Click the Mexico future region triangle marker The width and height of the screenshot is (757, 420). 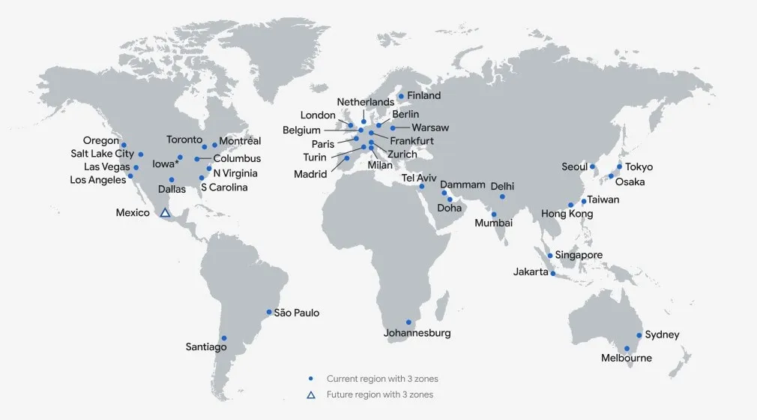[165, 213]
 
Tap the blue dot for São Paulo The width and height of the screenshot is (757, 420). [269, 312]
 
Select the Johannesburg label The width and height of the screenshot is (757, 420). [417, 333]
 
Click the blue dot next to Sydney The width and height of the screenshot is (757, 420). [639, 335]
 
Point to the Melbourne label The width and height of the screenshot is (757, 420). [626, 358]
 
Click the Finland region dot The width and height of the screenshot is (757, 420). [401, 96]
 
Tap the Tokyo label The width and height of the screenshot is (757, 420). [639, 167]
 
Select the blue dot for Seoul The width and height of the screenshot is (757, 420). [592, 166]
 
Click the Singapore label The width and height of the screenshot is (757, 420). [579, 256]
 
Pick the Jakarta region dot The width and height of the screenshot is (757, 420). [553, 274]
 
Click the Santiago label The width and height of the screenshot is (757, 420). [206, 347]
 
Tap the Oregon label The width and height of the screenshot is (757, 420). [101, 141]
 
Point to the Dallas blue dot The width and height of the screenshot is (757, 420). [172, 179]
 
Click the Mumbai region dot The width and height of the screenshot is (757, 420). [494, 214]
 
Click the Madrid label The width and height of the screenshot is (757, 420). [310, 175]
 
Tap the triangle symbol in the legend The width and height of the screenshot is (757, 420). [311, 394]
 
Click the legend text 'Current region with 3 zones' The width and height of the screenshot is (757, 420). [382, 379]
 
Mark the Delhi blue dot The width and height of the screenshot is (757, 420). [502, 196]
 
